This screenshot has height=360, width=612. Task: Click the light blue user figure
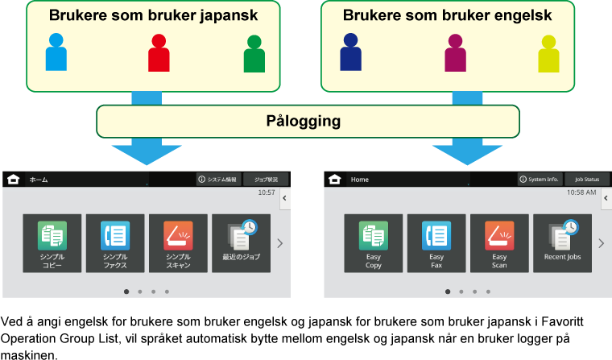click(56, 52)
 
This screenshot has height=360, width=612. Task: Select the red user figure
click(159, 52)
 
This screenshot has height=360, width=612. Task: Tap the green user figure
click(254, 54)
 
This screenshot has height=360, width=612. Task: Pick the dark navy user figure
click(350, 52)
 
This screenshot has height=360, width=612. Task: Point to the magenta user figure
click(456, 52)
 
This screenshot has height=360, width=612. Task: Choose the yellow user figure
click(549, 54)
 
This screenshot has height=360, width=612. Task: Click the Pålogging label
click(304, 122)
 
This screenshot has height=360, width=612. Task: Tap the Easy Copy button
click(374, 243)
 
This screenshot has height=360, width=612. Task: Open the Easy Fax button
click(436, 243)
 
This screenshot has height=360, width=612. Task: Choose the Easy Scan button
click(499, 243)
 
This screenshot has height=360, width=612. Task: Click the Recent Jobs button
click(562, 243)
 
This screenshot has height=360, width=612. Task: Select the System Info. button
click(539, 179)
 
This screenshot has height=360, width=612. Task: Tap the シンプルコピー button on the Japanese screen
click(52, 243)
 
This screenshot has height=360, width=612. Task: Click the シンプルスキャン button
click(178, 243)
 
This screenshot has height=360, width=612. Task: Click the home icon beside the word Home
click(335, 179)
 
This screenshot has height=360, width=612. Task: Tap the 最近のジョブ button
click(241, 243)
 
